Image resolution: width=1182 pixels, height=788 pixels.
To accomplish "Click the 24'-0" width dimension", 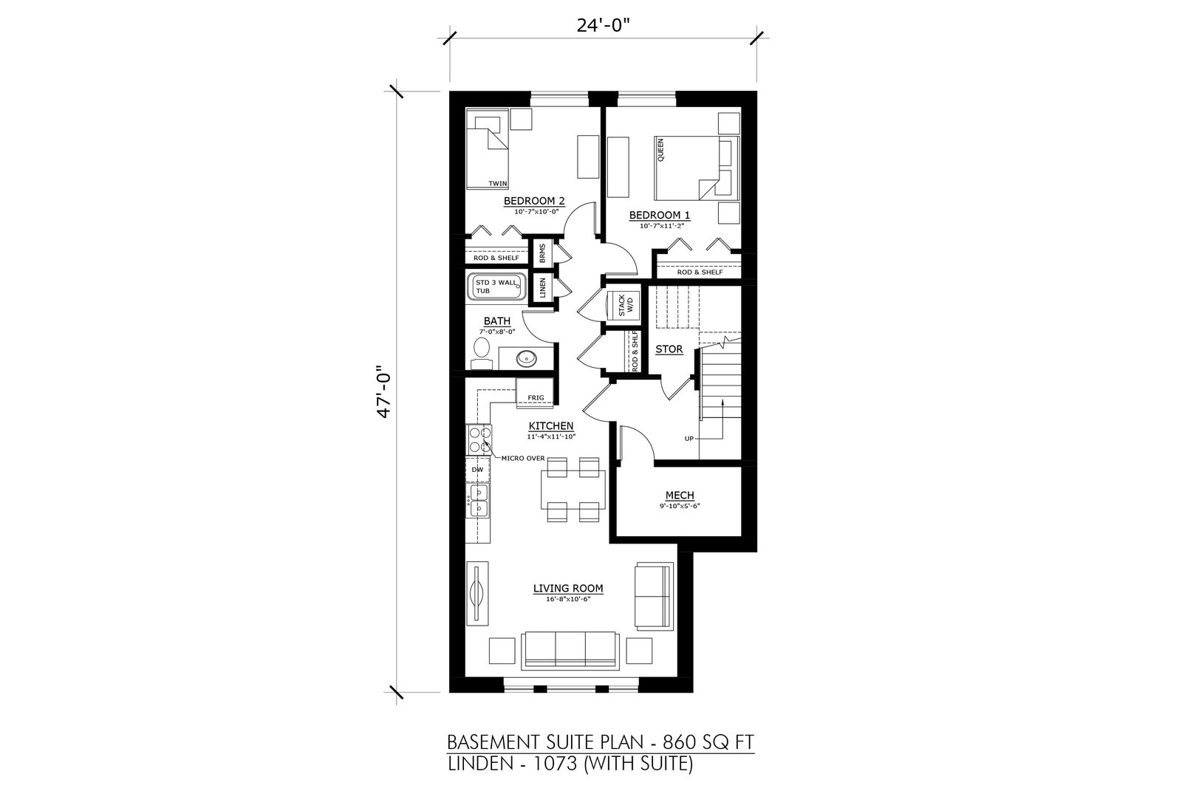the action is (x=604, y=25).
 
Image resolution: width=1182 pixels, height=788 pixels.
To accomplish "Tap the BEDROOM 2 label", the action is (x=534, y=201).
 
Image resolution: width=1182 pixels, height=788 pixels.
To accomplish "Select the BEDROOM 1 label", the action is (x=660, y=215).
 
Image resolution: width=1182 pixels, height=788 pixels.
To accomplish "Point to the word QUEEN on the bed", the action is (x=660, y=150).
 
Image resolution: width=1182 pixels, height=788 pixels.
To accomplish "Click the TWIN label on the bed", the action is (x=498, y=184).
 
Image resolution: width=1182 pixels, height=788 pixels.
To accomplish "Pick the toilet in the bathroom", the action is (x=481, y=354).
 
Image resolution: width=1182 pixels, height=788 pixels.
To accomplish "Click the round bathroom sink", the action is (x=527, y=359).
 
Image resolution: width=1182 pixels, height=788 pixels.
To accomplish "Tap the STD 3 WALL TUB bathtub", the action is (x=496, y=287).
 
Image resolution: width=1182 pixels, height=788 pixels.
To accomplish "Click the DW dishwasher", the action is (x=477, y=470).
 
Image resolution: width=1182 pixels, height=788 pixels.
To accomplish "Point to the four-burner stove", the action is (x=479, y=440).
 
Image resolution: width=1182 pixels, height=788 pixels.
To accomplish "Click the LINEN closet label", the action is (x=542, y=288).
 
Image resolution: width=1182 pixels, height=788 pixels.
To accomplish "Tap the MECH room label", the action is (x=680, y=496).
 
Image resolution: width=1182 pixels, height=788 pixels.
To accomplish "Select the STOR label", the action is (x=669, y=349).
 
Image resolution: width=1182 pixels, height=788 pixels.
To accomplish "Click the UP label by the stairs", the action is (x=689, y=438).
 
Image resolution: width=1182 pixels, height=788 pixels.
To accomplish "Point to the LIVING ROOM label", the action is (x=568, y=588).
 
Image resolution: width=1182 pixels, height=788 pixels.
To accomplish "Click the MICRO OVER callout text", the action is (x=523, y=459).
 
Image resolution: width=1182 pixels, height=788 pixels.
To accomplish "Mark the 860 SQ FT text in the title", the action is (x=708, y=742).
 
